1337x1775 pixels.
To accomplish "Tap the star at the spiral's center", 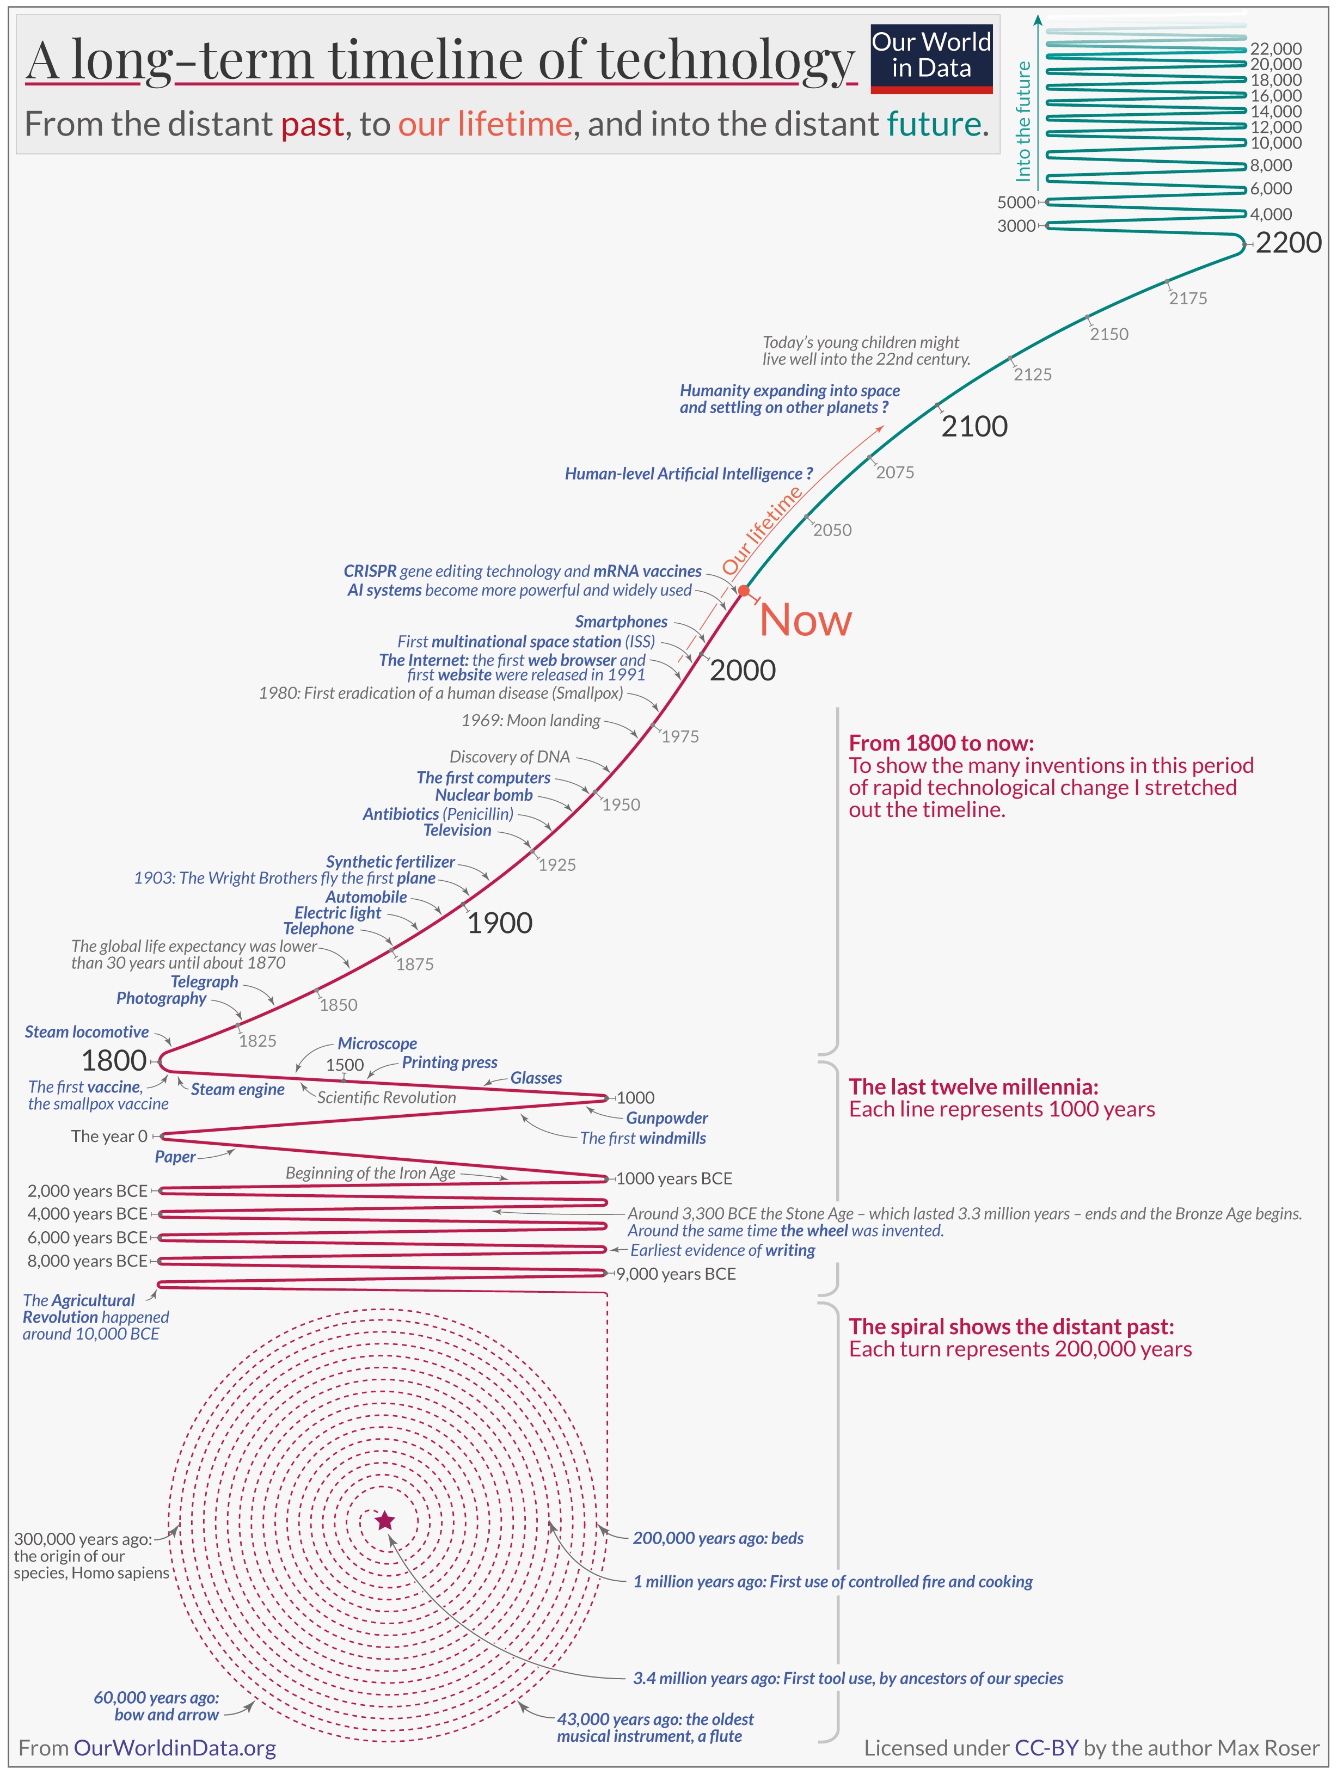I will (x=385, y=1520).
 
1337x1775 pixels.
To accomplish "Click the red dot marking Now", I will (x=744, y=592).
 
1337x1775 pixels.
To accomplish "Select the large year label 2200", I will (x=1288, y=242).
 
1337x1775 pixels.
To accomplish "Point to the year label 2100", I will (x=974, y=426).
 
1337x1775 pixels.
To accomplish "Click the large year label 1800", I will (x=114, y=1061).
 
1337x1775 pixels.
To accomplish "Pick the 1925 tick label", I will (x=557, y=865).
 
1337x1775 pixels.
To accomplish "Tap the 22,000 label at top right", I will (x=1276, y=49).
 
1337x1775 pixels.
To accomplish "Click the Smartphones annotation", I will (x=621, y=622).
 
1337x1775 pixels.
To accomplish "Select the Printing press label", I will (x=450, y=1062).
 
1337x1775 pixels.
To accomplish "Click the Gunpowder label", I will (x=666, y=1118).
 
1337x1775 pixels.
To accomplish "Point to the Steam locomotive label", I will (x=87, y=1032).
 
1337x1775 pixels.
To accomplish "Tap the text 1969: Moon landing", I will (x=530, y=721).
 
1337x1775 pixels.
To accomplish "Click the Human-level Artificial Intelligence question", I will (x=689, y=474).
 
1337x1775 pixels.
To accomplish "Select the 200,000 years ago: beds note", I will (x=717, y=1538).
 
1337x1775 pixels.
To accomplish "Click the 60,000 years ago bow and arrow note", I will (x=157, y=1706).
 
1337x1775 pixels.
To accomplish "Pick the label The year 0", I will (x=109, y=1137).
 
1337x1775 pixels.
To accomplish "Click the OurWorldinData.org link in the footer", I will (x=174, y=1748).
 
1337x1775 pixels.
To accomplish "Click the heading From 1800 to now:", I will (x=941, y=743).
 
